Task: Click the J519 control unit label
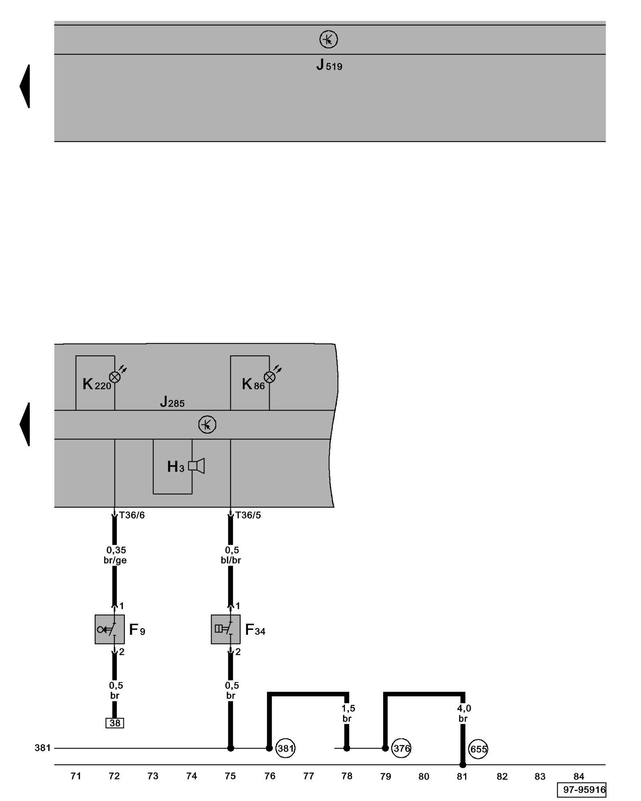(329, 65)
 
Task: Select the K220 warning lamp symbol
(115, 377)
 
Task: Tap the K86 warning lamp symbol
(270, 377)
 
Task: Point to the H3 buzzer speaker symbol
(196, 466)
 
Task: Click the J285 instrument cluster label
(172, 402)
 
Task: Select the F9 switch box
(109, 629)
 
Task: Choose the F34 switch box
(226, 629)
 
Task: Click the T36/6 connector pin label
(132, 515)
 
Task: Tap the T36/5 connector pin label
(248, 515)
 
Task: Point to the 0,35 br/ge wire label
(115, 555)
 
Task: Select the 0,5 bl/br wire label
(231, 555)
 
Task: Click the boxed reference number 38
(115, 723)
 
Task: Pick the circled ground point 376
(401, 748)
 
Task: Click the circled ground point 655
(478, 749)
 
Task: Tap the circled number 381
(285, 748)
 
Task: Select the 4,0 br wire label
(464, 713)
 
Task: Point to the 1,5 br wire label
(348, 713)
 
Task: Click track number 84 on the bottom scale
(579, 776)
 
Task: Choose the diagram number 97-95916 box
(581, 790)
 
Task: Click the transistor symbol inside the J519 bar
(329, 39)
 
